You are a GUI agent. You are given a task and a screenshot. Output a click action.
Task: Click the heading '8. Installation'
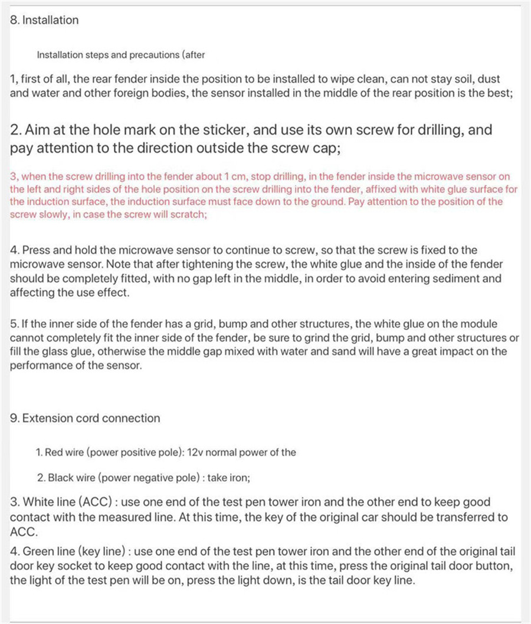coord(44,20)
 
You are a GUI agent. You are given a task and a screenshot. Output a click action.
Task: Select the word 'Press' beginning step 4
coord(35,250)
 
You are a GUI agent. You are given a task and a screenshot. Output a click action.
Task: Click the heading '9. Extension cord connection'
coord(85,418)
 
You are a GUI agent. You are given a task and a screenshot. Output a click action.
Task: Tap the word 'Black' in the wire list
coord(60,478)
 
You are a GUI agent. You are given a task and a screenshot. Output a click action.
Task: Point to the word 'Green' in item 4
coord(37,552)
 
